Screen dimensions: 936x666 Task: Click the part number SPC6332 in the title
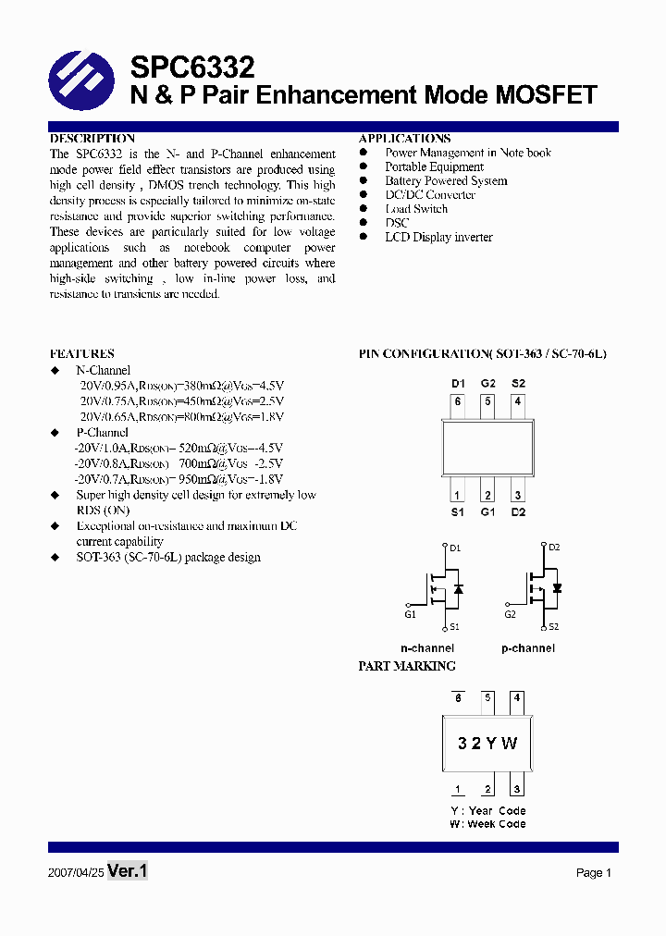click(192, 67)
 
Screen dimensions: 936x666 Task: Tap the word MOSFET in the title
click(547, 94)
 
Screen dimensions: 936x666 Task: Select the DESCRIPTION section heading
click(92, 138)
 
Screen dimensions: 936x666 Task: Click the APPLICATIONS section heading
click(405, 138)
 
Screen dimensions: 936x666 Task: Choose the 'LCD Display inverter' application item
click(438, 237)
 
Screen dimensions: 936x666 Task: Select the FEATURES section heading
click(81, 353)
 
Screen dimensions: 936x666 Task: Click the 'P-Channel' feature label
click(102, 432)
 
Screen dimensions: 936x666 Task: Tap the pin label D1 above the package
click(458, 383)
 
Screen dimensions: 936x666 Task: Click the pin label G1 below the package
click(487, 511)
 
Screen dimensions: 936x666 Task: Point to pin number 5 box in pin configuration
click(487, 401)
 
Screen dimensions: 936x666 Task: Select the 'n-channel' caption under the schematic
click(426, 648)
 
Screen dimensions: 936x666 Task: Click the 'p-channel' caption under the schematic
click(528, 648)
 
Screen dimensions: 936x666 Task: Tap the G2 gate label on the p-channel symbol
click(510, 614)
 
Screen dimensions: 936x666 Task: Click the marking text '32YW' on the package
click(487, 744)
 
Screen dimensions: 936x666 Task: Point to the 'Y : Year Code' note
click(487, 810)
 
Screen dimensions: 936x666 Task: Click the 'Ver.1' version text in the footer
click(128, 871)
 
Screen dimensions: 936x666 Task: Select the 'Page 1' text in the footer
click(594, 872)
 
